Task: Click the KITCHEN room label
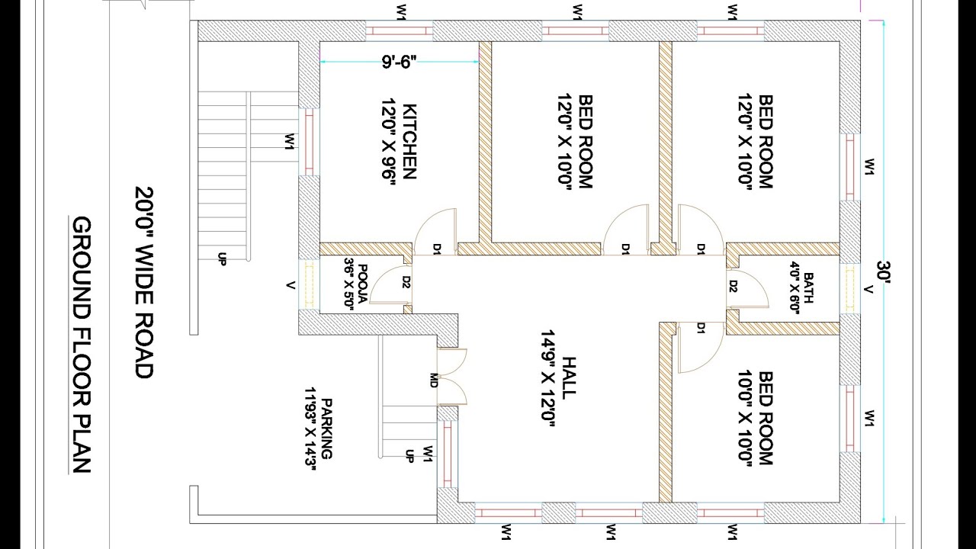pos(410,141)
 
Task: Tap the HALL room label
pos(569,378)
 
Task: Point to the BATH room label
pos(808,287)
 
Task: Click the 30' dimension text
pos(884,272)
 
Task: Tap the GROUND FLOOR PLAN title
pos(81,345)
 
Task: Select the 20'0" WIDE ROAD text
pos(144,283)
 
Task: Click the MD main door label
pos(434,380)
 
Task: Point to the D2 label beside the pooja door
pos(406,282)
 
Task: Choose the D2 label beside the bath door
pos(733,286)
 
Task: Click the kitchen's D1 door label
pos(437,249)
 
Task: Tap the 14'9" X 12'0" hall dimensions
pos(547,379)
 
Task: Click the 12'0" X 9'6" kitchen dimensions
pos(388,142)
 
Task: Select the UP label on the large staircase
pos(222,258)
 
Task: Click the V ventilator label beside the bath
pos(869,289)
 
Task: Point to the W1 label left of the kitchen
pos(290,142)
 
